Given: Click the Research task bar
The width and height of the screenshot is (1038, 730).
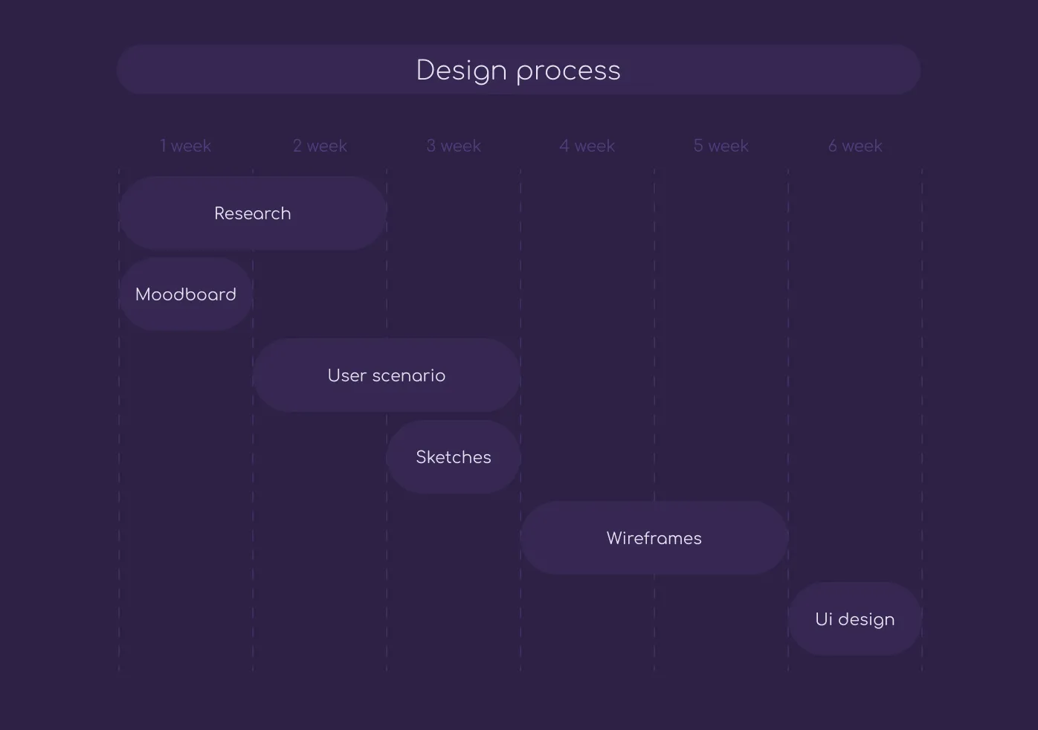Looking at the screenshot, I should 253,213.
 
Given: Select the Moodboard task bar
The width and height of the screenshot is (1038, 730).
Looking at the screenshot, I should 186,294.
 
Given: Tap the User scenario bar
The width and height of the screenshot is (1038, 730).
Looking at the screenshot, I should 387,375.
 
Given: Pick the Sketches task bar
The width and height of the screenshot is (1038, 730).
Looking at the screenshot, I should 454,457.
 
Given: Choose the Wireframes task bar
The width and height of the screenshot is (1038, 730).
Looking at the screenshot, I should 654,538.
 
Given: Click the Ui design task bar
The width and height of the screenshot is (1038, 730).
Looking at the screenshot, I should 855,619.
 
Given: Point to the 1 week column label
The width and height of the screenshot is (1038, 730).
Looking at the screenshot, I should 186,146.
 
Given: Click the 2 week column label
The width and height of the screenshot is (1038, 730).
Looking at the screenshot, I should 320,146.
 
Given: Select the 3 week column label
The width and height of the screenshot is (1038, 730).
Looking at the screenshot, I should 454,146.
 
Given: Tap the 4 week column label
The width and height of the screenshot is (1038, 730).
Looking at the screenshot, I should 587,146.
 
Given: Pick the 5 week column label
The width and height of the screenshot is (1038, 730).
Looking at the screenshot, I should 721,146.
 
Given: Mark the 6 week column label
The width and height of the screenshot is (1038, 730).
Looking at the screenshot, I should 855,146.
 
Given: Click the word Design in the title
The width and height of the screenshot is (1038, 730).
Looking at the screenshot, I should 461,71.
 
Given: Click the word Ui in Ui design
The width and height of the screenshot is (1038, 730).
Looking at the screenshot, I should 823,619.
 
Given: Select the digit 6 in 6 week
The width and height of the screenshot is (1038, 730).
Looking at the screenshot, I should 833,146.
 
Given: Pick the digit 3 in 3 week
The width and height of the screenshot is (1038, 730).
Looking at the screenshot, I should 431,146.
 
